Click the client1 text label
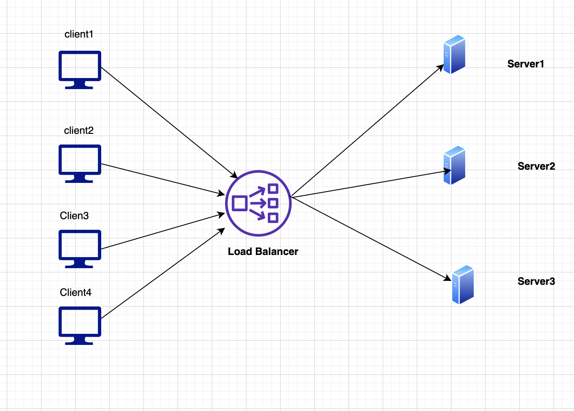point(79,34)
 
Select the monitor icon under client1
point(79,68)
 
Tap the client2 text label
point(79,130)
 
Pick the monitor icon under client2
point(79,162)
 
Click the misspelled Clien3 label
point(74,216)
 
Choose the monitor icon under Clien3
point(79,247)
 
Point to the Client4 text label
point(76,292)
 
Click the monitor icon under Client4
point(79,324)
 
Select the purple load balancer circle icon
point(258,203)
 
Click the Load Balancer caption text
point(263,252)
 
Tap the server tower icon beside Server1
point(454,55)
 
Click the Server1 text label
point(526,64)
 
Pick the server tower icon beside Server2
point(454,165)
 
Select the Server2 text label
point(536,166)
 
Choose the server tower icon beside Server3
point(463,285)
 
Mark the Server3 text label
point(536,281)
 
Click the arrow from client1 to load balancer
point(169,122)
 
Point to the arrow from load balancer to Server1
point(367,130)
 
